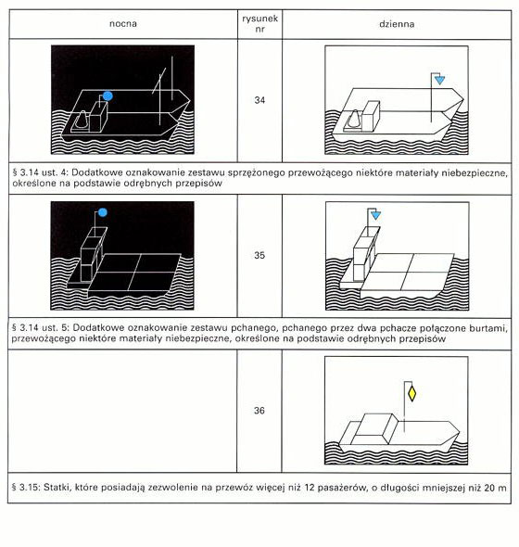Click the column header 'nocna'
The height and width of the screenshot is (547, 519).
(122, 24)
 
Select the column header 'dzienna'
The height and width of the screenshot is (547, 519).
(397, 24)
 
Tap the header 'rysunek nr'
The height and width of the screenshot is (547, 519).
(259, 24)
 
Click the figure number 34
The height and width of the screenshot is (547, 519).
(259, 100)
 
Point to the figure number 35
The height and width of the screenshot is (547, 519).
(259, 255)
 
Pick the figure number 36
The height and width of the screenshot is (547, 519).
(259, 411)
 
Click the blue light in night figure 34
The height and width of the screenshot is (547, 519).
(108, 95)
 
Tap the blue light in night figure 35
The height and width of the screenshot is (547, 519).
(103, 212)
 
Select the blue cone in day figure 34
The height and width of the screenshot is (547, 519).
(440, 81)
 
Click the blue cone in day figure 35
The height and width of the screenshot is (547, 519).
(375, 215)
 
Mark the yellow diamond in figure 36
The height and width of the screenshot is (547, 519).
(411, 393)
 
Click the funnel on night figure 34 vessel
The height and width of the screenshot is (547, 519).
(82, 120)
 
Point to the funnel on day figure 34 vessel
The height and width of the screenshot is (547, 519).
(355, 120)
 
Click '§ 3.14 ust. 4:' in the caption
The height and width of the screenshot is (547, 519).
(40, 172)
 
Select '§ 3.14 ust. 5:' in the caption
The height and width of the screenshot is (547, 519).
(40, 328)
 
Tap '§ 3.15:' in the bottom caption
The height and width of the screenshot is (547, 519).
(26, 487)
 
